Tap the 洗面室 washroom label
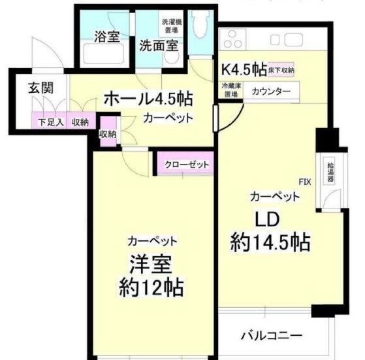pos(158,46)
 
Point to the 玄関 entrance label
pos(39,89)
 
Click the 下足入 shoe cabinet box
pos(47,122)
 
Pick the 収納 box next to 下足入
pos(81,122)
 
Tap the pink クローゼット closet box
pos(186,164)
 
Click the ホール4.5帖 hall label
pos(148,99)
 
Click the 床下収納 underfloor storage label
pos(281,69)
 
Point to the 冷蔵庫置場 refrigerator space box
pos(231,90)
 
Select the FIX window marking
pos(304,181)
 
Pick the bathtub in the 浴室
pos(105,55)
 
